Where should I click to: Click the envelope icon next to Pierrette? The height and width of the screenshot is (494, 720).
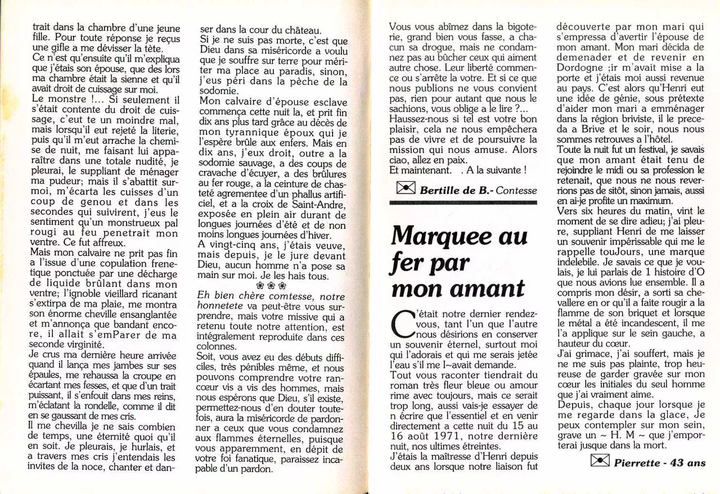pos(600,461)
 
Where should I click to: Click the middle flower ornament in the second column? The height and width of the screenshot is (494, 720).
pos(272,285)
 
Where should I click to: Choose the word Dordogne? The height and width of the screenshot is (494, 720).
pos(577,67)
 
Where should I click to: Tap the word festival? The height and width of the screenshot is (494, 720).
pos(647,149)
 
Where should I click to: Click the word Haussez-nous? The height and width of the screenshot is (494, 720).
pos(416,119)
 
